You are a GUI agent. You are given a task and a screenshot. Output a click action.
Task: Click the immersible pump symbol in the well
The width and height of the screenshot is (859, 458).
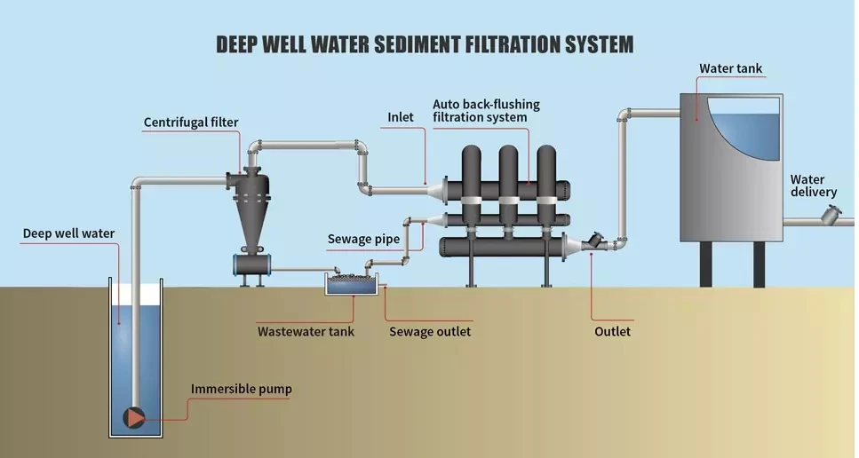pos(135,416)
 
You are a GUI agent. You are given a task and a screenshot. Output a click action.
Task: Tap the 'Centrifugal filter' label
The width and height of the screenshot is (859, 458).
pos(191,122)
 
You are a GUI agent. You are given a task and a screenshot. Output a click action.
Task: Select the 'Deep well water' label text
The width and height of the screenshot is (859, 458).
pos(68,234)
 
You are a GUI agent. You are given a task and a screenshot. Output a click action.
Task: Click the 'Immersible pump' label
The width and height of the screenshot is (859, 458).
pos(241,389)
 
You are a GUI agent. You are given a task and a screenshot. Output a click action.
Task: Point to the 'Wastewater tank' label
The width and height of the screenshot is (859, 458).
pos(306,332)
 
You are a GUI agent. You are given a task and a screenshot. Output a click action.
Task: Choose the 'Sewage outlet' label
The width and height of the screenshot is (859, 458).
pos(430,332)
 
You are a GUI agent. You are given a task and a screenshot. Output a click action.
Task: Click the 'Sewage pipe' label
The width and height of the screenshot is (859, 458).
pos(363,239)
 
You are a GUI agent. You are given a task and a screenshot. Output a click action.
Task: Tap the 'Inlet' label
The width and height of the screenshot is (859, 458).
pos(402,117)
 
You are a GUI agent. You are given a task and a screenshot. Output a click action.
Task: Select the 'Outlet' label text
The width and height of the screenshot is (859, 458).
pos(612,332)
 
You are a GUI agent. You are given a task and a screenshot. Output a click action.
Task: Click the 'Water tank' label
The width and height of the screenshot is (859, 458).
pos(730,68)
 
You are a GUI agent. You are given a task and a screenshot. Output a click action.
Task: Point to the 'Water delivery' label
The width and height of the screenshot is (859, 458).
pos(813,186)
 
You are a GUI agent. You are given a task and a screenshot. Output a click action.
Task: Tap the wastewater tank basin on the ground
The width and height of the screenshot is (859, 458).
pos(353,284)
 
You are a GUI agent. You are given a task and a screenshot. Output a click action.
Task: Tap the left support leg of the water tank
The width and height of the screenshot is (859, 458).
pos(706,265)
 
